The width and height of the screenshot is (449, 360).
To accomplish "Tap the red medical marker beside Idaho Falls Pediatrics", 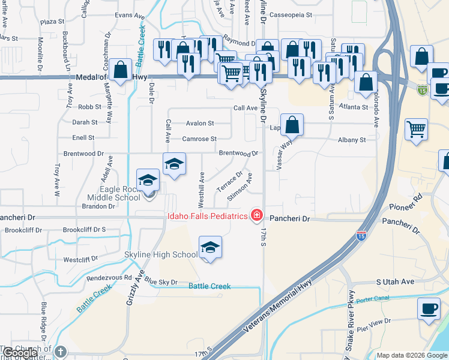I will pyautogui.click(x=257, y=215).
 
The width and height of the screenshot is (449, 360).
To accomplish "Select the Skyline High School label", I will pyautogui.click(x=161, y=254).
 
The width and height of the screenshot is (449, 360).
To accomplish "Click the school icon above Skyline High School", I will pyautogui.click(x=210, y=247).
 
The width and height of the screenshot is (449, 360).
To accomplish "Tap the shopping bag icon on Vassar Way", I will pyautogui.click(x=292, y=125).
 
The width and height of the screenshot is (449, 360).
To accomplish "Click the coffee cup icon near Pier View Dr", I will pyautogui.click(x=429, y=309).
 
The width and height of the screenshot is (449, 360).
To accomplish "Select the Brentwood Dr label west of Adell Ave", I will pyautogui.click(x=79, y=154).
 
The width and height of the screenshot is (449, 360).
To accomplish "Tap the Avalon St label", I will pyautogui.click(x=200, y=123).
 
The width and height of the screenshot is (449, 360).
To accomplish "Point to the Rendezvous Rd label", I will pyautogui.click(x=109, y=277).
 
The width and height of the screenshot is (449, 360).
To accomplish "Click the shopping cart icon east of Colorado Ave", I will pyautogui.click(x=415, y=128).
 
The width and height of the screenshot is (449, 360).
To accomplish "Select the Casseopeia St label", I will pyautogui.click(x=291, y=14).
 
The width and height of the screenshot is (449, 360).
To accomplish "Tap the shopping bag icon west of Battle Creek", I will pyautogui.click(x=121, y=69).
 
